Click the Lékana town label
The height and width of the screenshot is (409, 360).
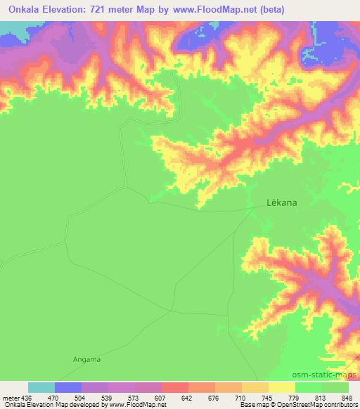tap(282, 202)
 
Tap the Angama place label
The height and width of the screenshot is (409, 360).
tap(86, 360)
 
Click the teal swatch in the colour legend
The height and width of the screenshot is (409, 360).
tap(41, 388)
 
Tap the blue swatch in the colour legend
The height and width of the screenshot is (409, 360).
tap(68, 388)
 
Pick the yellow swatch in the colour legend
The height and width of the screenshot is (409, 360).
tap(282, 388)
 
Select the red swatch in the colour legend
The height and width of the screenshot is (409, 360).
tap(175, 388)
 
